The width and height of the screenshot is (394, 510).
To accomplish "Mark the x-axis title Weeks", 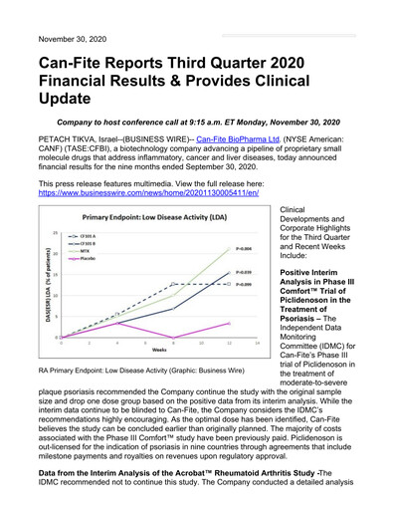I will pyautogui.click(x=158, y=351).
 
